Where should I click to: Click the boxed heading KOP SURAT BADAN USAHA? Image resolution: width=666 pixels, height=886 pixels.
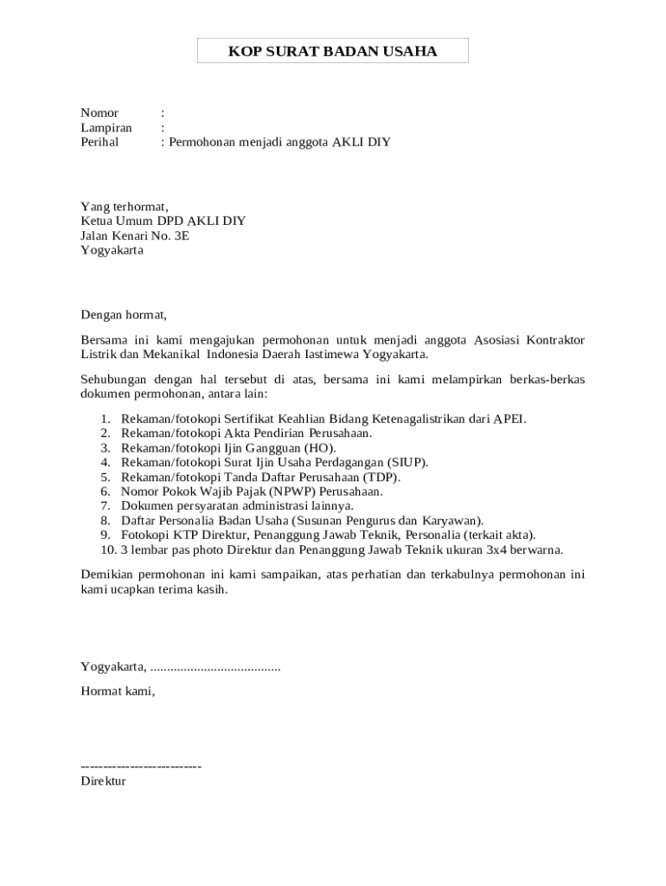(333, 51)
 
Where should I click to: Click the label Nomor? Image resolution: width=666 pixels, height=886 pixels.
(99, 113)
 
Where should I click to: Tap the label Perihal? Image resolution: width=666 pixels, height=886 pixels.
(99, 143)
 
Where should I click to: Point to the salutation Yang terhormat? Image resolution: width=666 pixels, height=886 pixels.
(125, 207)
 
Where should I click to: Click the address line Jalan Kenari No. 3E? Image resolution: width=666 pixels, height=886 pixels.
(135, 235)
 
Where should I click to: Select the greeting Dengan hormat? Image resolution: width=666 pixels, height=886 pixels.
(123, 315)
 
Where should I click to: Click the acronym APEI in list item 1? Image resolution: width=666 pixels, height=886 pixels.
(509, 419)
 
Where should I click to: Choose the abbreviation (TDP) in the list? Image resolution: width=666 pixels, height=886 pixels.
(381, 477)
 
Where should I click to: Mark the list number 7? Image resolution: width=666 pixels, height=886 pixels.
(106, 506)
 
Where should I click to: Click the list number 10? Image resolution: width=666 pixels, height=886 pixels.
(108, 549)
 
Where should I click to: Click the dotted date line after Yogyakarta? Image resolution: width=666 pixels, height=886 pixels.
(215, 667)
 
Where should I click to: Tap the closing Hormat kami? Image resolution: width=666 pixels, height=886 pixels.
(118, 690)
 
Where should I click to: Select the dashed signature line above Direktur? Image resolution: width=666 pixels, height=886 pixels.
(141, 767)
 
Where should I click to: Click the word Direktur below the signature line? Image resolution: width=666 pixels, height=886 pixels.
(103, 781)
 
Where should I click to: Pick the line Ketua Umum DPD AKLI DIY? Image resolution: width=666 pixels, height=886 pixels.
(163, 221)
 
